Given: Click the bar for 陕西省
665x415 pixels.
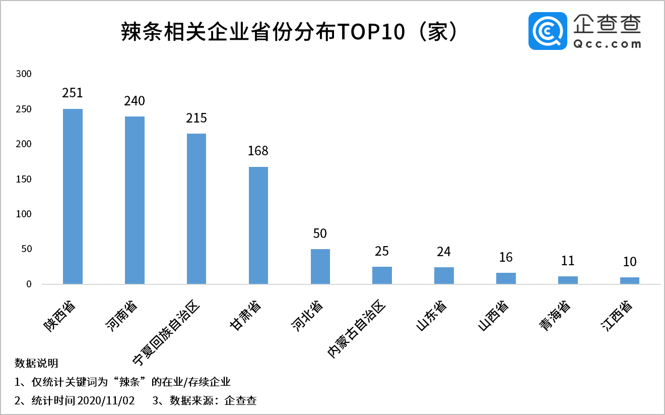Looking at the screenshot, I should pyautogui.click(x=73, y=196).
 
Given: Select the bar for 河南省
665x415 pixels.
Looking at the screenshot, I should pyautogui.click(x=135, y=200).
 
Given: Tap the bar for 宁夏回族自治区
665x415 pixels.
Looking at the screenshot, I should pyautogui.click(x=196, y=209).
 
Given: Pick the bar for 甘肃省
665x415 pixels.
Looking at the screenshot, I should pyautogui.click(x=258, y=225).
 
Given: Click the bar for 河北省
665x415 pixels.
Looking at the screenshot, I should pyautogui.click(x=320, y=266).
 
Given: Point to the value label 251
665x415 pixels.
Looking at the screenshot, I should pyautogui.click(x=73, y=93).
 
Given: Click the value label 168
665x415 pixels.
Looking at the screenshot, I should pyautogui.click(x=258, y=151).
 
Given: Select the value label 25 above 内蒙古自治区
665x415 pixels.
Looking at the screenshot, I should pyautogui.click(x=382, y=251).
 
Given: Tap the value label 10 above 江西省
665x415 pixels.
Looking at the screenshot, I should pyautogui.click(x=630, y=262).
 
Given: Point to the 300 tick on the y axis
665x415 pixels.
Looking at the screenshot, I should pyautogui.click(x=24, y=74).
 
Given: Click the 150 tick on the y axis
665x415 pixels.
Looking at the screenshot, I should pyautogui.click(x=24, y=179).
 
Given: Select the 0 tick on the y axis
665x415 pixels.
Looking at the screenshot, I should pyautogui.click(x=29, y=284).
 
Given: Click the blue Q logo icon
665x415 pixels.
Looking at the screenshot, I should pyautogui.click(x=548, y=31).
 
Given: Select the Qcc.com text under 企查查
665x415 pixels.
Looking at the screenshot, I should pyautogui.click(x=607, y=44).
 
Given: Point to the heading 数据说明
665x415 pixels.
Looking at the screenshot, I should pyautogui.click(x=36, y=363).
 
